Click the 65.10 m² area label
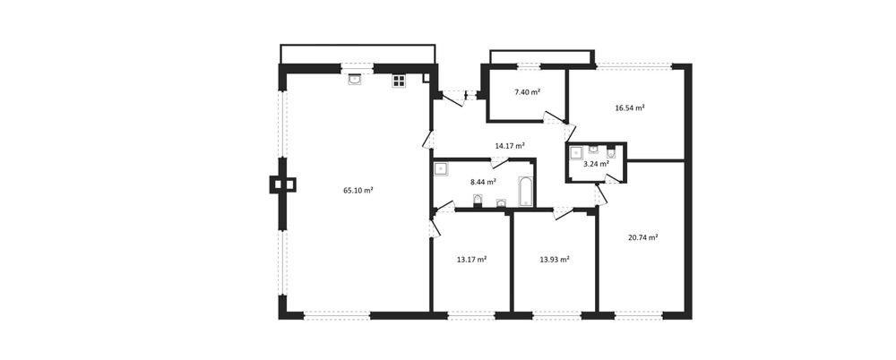pos(358,191)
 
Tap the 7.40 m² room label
pos(528,92)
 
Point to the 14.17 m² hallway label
pos(510,146)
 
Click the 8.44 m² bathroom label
pos(483,183)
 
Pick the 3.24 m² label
pos(596,163)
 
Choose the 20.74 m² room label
pos(642,237)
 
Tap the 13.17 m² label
pos(471,260)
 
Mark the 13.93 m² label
pos(555,260)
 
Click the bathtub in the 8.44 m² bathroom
pos(525,192)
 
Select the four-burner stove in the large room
pos(399,81)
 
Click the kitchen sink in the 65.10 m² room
pos(355,80)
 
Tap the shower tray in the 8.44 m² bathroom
pos(441,168)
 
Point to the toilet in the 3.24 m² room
pos(611,152)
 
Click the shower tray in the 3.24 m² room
pos(575,151)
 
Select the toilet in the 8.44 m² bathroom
pos(478,201)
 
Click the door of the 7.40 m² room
pos(554,117)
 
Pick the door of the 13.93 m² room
pos(563,214)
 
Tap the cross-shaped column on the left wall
pos(282,184)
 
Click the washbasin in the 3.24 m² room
pos(593,150)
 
